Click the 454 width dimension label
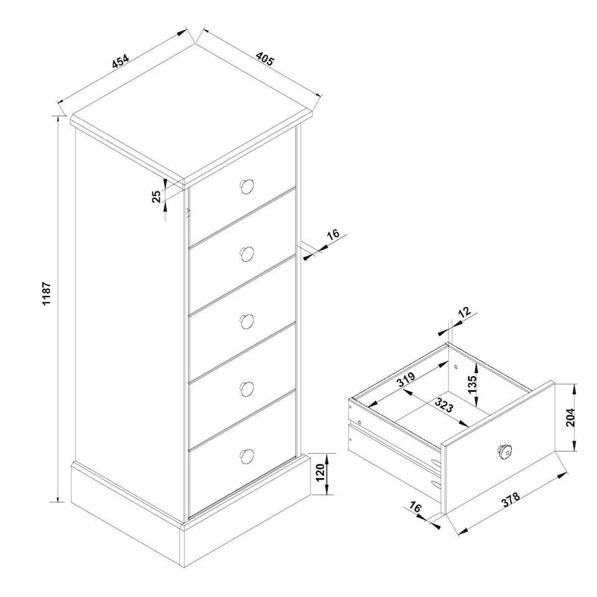[121, 62]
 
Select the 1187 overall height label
[47, 294]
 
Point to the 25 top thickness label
[157, 197]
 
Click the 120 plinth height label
[321, 473]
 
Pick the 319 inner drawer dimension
[407, 379]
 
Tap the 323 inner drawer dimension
[444, 405]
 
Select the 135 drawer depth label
[472, 384]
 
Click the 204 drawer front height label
[570, 418]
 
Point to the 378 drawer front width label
[511, 499]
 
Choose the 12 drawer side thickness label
[465, 312]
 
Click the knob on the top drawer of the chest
[247, 187]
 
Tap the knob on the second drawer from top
[247, 254]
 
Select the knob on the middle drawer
[247, 322]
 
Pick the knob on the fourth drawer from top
[247, 388]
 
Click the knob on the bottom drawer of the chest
[247, 456]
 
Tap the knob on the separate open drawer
[504, 451]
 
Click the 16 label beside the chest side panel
[333, 234]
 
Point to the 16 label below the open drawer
[415, 507]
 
